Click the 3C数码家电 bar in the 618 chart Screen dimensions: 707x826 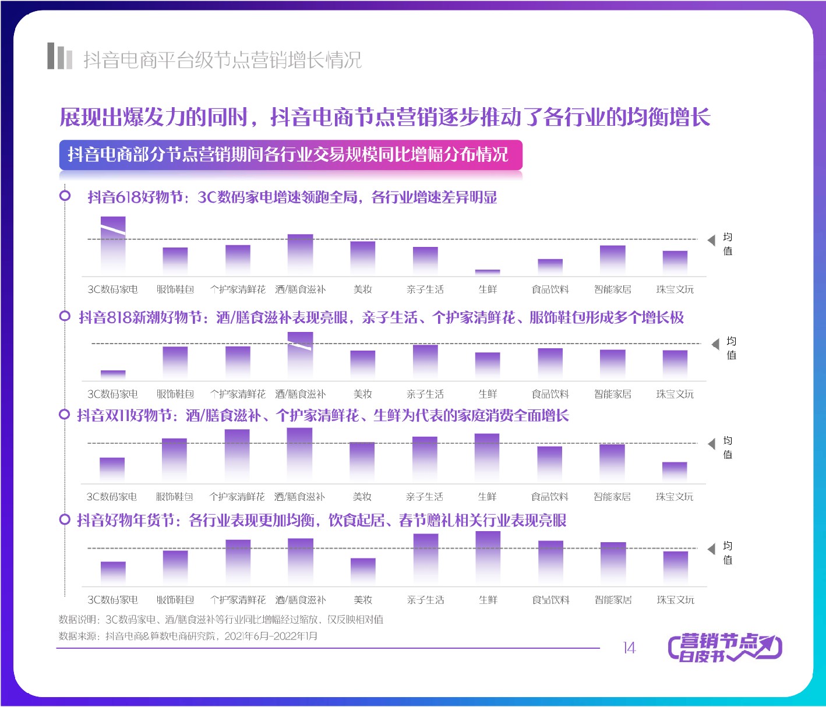click(x=113, y=245)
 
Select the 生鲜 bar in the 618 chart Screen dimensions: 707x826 click(x=488, y=272)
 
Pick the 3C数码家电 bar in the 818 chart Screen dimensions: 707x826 click(x=113, y=375)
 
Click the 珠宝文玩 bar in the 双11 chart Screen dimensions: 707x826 click(x=675, y=472)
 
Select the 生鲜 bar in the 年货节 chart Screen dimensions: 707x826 click(x=488, y=558)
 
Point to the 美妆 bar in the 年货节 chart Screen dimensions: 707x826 click(x=363, y=571)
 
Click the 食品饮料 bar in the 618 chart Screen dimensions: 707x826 click(x=550, y=267)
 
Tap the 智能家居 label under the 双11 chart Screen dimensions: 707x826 click(x=612, y=497)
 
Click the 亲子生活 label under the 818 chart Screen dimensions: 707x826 click(x=425, y=394)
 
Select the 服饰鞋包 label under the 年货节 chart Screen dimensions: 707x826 click(x=175, y=600)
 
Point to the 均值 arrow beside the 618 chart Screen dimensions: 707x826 click(x=711, y=241)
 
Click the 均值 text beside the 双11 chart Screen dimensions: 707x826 click(x=728, y=447)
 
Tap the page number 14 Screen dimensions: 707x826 click(x=629, y=648)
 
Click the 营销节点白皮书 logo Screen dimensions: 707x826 click(x=725, y=648)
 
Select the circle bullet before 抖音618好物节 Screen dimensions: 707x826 click(x=65, y=196)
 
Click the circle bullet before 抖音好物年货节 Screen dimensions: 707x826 click(x=65, y=519)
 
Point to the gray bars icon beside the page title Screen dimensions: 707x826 click(x=59, y=56)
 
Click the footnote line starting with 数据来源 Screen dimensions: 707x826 click(x=188, y=636)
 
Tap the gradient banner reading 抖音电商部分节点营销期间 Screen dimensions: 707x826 click(x=290, y=155)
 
